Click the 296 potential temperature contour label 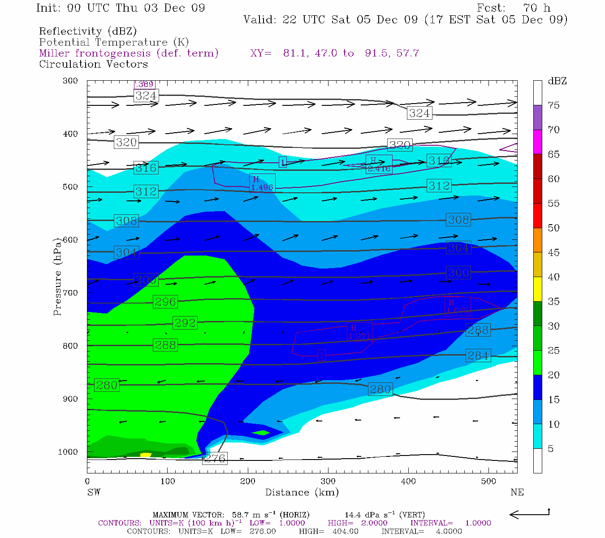[x=165, y=302]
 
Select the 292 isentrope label [x=185, y=323]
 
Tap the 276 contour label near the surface [x=215, y=458]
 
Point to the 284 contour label [x=478, y=356]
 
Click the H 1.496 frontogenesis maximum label [x=262, y=183]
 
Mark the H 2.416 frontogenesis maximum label [x=379, y=165]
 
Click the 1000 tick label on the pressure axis [x=68, y=452]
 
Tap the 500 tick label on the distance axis [x=488, y=482]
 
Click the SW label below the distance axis [x=94, y=492]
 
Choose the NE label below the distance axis [x=517, y=492]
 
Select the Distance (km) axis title [x=302, y=492]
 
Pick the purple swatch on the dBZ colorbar [x=537, y=117]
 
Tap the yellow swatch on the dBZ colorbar [x=537, y=289]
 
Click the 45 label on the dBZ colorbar [x=553, y=252]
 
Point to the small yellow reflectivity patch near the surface [x=146, y=455]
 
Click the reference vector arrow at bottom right [x=529, y=514]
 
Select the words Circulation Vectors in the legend [x=93, y=64]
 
